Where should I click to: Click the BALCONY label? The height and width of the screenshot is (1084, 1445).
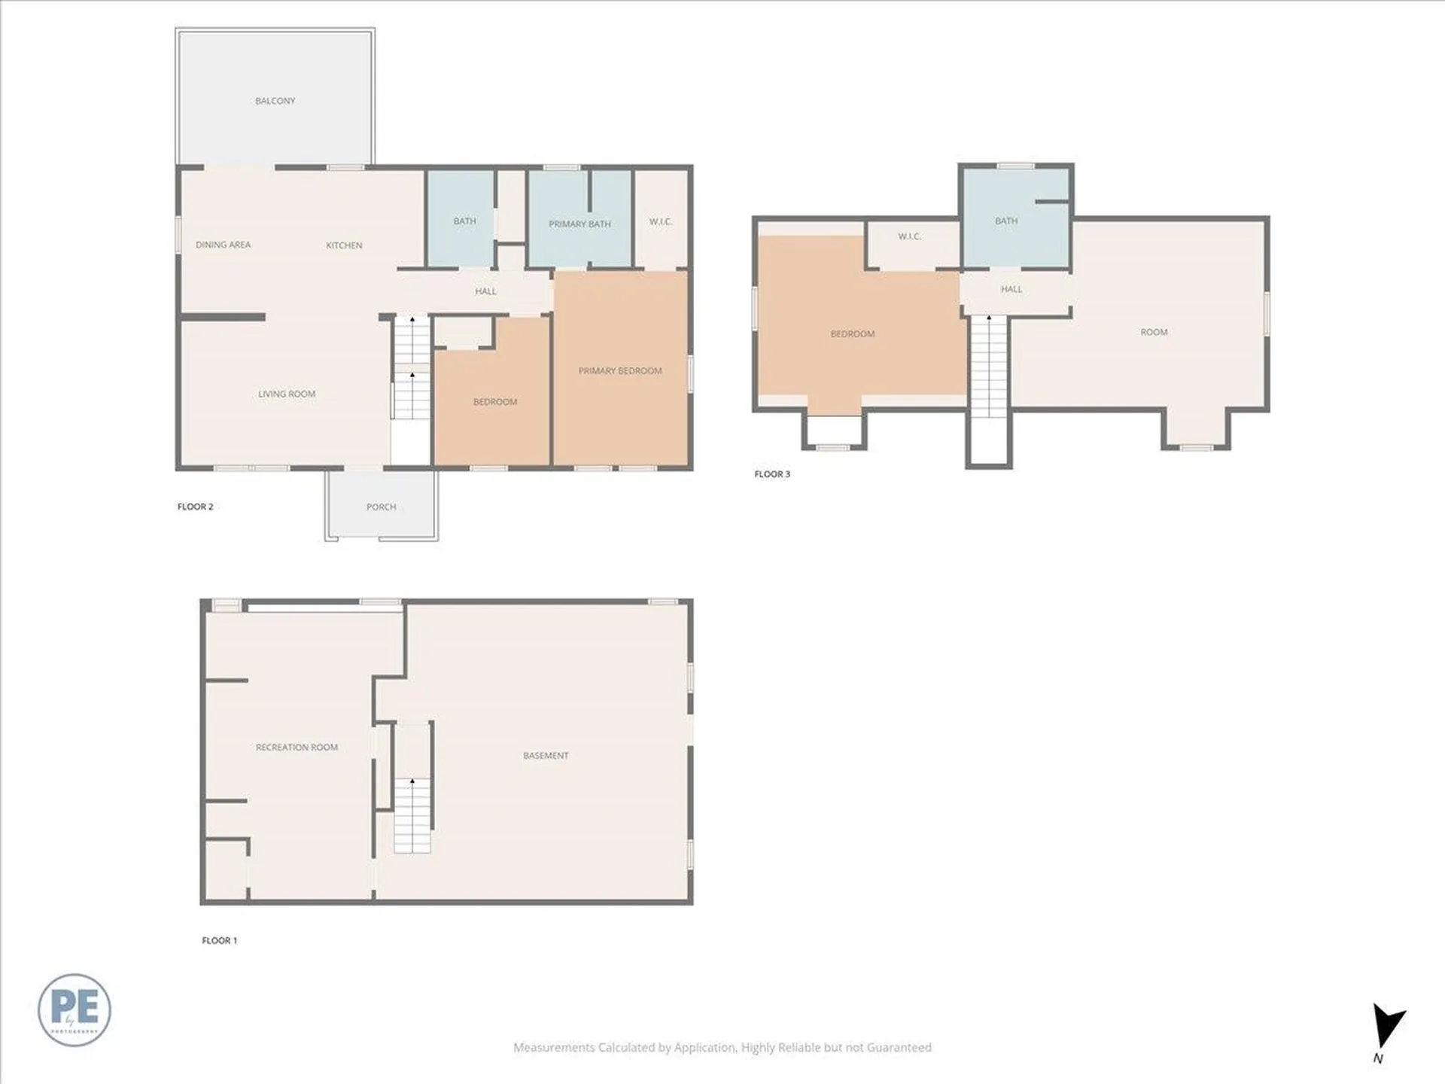[275, 101]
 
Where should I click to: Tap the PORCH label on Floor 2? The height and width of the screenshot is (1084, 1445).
[381, 507]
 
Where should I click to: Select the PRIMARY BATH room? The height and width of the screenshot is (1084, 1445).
[579, 224]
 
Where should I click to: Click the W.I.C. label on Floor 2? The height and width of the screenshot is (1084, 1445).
[660, 221]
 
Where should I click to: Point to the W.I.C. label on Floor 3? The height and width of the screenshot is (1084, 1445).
[909, 236]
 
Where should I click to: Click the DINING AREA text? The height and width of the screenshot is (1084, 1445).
[223, 245]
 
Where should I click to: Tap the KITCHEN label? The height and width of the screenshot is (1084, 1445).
[344, 245]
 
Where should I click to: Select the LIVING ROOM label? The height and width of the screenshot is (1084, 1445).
[287, 394]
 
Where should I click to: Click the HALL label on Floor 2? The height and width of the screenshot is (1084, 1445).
[485, 291]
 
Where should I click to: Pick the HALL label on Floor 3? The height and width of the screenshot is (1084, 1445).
[1011, 289]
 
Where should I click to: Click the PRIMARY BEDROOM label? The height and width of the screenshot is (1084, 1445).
[620, 370]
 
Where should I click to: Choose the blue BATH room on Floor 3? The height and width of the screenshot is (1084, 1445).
[1006, 221]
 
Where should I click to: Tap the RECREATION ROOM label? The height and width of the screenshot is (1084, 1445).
[297, 747]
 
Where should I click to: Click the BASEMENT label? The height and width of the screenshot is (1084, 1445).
[546, 755]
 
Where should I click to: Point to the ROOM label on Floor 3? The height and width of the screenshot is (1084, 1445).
[1154, 332]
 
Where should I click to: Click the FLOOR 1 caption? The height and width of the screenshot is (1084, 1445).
[219, 940]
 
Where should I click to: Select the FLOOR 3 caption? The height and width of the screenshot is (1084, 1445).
[772, 473]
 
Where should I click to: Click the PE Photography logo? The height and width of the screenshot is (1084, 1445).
[75, 1009]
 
